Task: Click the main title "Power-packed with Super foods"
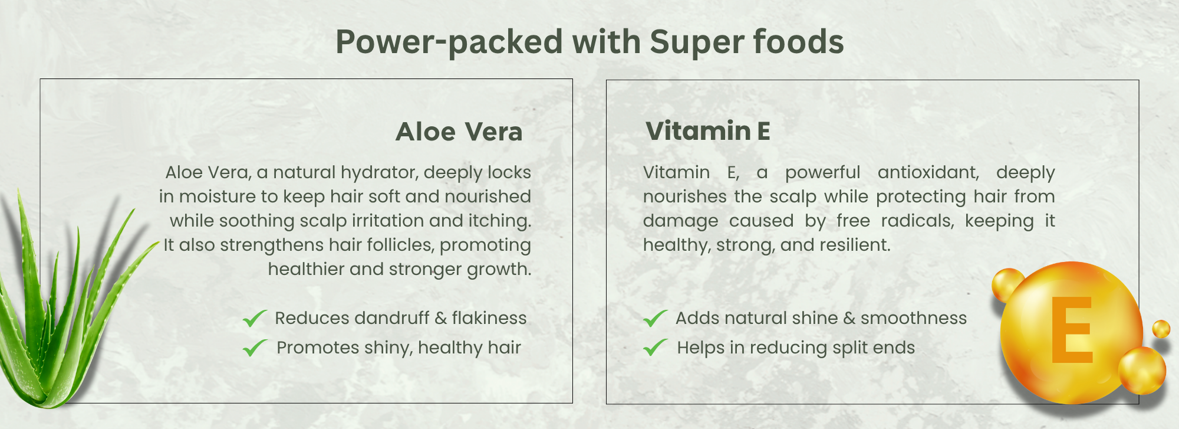pyautogui.click(x=589, y=42)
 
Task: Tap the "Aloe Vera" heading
pyautogui.click(x=459, y=132)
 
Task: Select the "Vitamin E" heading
pyautogui.click(x=708, y=131)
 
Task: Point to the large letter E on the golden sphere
pyautogui.click(x=1072, y=329)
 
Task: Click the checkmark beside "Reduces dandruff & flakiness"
pyautogui.click(x=255, y=319)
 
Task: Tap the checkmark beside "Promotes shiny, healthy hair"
pyautogui.click(x=255, y=348)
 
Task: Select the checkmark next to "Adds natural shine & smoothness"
pyautogui.click(x=655, y=319)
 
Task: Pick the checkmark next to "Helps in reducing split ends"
pyautogui.click(x=655, y=348)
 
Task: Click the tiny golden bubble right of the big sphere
pyautogui.click(x=1161, y=329)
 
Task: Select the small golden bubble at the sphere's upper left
pyautogui.click(x=1007, y=284)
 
